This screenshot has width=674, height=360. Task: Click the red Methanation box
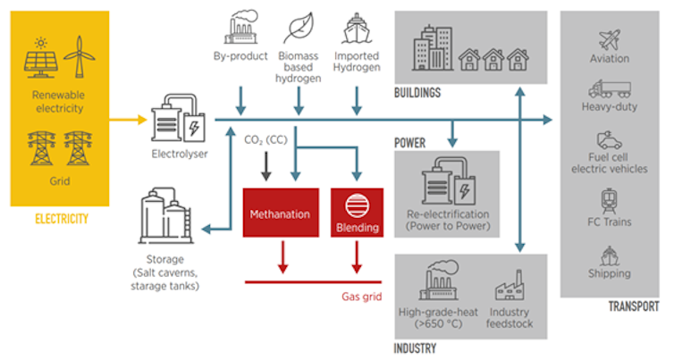[280, 214]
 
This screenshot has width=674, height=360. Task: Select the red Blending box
[357, 214]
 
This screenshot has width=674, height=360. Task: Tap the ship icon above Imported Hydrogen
[357, 27]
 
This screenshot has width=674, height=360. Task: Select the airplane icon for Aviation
[611, 40]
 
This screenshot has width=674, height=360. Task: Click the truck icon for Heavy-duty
[610, 89]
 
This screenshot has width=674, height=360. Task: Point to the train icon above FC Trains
[611, 198]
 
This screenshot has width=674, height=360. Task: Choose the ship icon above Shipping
[610, 252]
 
